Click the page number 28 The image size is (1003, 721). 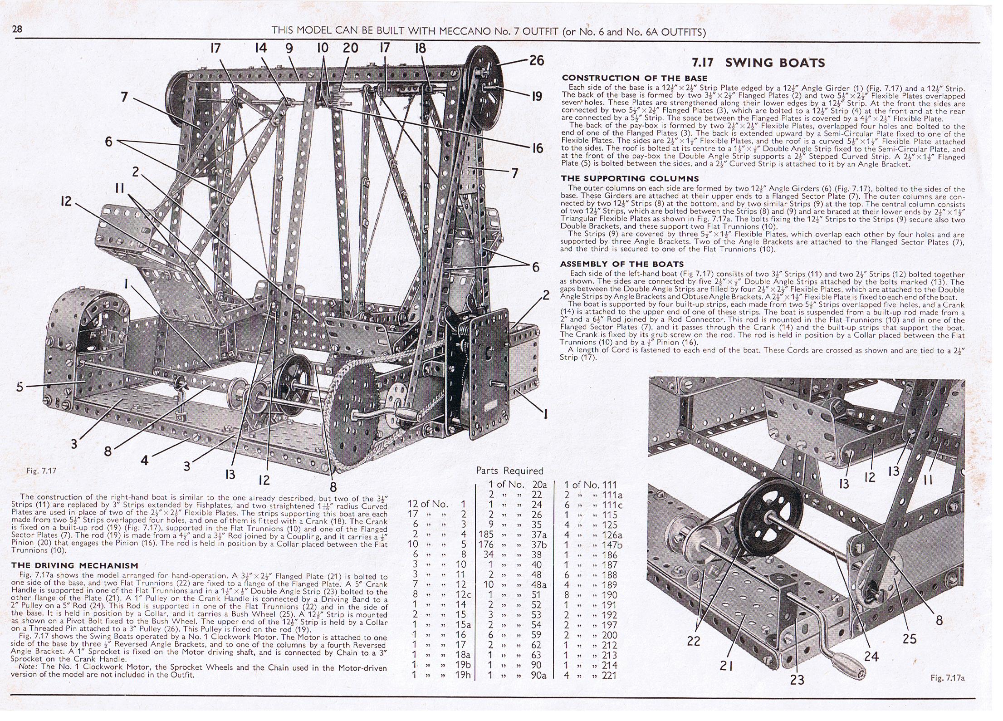pos(17,29)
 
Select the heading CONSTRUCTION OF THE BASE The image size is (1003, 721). pos(634,78)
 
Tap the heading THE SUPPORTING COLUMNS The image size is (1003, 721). pos(630,179)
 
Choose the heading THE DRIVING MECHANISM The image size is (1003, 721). pos(75,565)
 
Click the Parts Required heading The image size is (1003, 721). pos(509,471)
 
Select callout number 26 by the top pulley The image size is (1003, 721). pos(536,60)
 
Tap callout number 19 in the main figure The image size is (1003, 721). pos(537,96)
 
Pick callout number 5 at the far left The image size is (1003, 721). pos(19,387)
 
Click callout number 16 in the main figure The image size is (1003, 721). pos(537,148)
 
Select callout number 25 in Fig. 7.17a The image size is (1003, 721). pos(909,639)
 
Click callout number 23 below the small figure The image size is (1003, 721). pos(797,679)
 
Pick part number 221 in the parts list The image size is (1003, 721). pos(609,676)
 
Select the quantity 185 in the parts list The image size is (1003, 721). pos(485,535)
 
